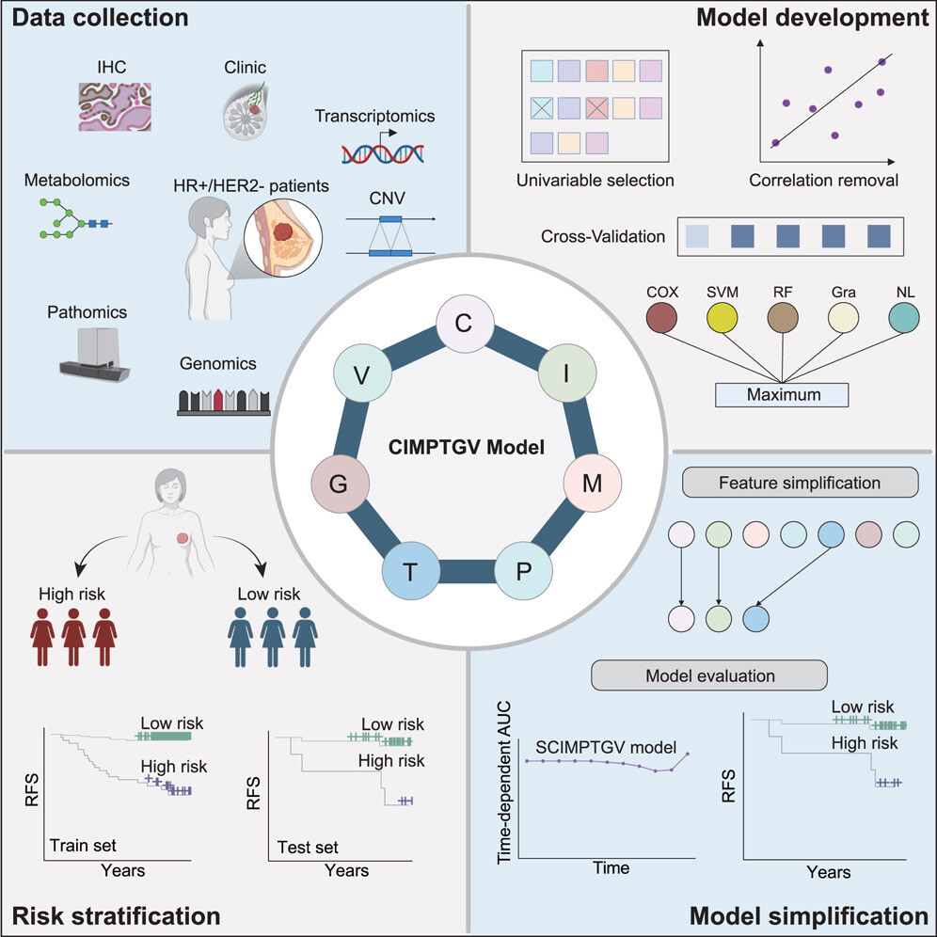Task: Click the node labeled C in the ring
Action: click(463, 325)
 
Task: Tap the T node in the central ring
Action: click(409, 570)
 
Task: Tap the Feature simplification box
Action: click(800, 483)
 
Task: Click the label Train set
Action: click(83, 843)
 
